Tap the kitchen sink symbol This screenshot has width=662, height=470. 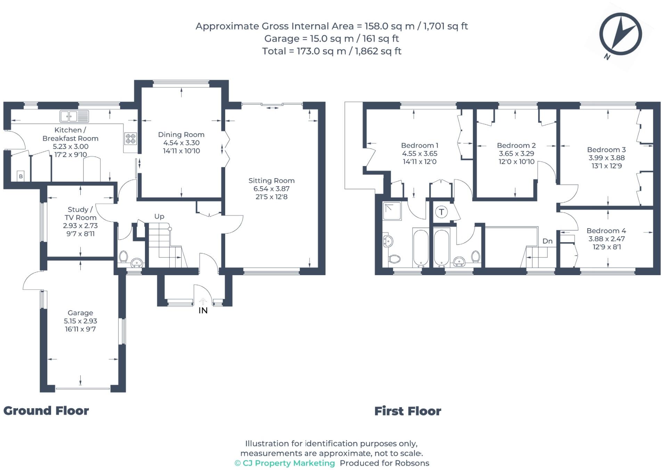coord(74,116)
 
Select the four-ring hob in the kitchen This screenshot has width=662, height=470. coord(131,138)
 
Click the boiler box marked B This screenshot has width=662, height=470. coord(21,176)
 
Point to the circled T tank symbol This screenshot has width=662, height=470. coord(441,212)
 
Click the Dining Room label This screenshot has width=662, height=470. coord(181,134)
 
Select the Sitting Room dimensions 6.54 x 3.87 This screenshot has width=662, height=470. coord(271,189)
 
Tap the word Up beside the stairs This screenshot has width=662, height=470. coord(159,216)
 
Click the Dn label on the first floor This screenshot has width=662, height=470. coord(547,241)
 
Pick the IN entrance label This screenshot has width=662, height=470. coord(203,311)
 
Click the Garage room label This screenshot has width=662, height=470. coord(80,313)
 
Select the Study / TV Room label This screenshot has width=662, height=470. coord(80,213)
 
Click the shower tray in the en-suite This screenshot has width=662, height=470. coord(392,212)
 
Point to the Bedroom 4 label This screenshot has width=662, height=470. coord(606,231)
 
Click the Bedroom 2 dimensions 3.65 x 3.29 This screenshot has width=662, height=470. coord(516,154)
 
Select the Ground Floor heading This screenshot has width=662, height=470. coord(46,411)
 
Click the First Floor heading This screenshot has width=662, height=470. coord(408,411)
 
